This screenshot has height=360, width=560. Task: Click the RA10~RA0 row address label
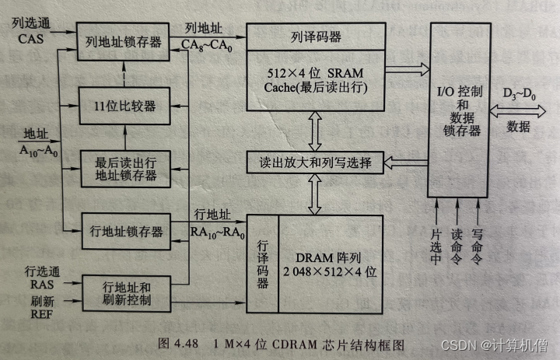(x=219, y=230)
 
